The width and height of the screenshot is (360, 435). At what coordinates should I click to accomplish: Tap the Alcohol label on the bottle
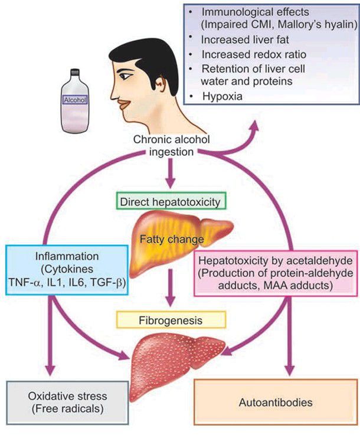coord(75,100)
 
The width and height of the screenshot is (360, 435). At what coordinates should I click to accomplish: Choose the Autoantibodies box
coord(276,404)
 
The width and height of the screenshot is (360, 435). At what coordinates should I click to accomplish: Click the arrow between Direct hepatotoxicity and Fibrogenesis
coord(171,290)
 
